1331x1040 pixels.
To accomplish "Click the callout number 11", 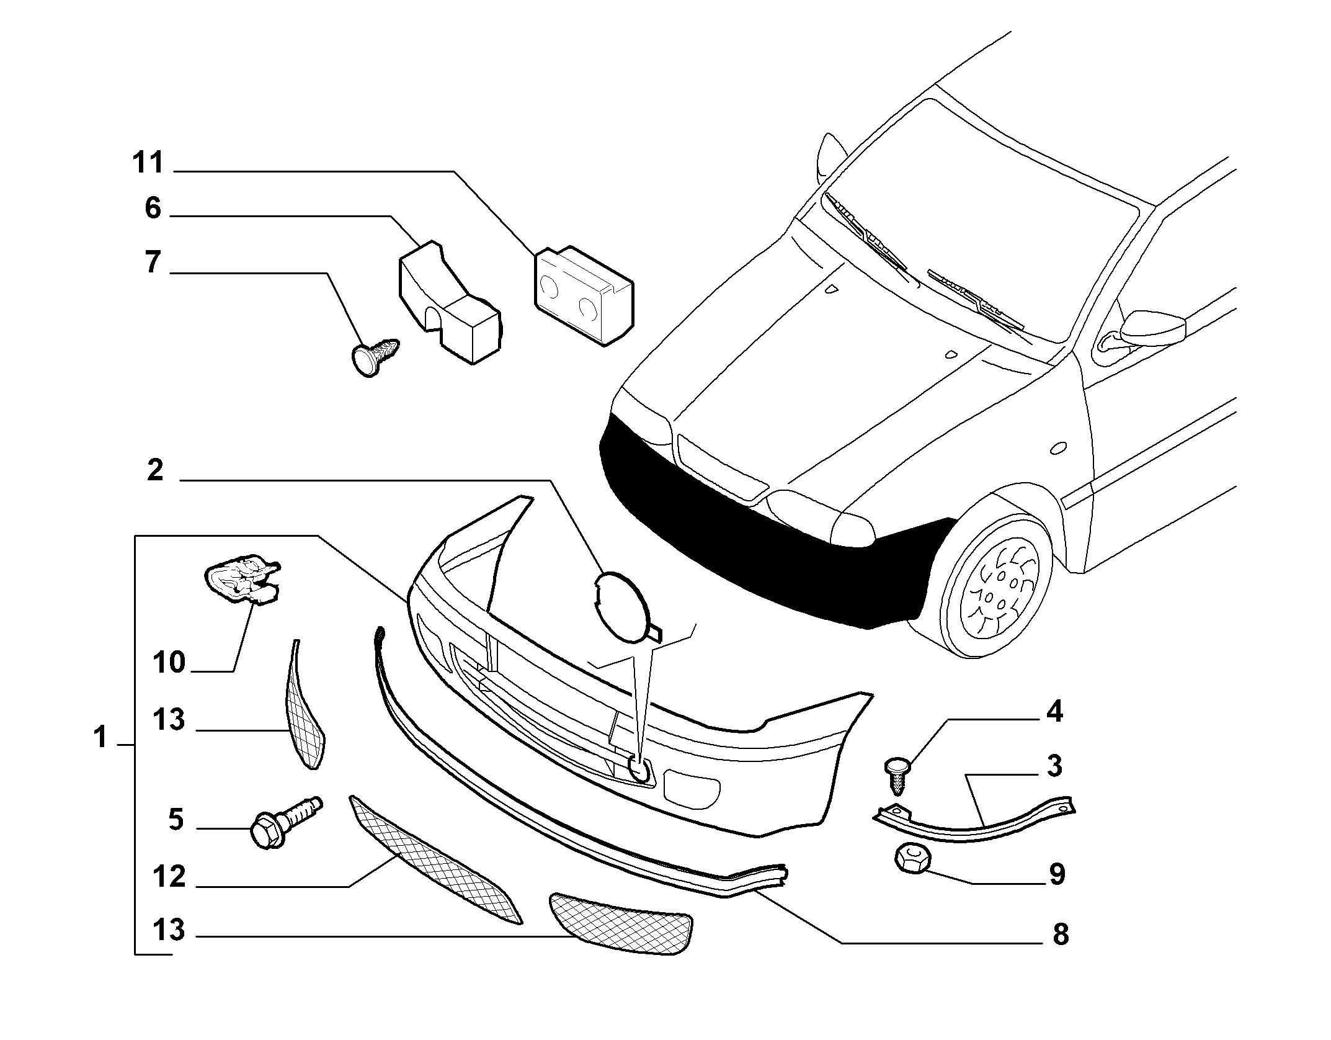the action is [148, 163].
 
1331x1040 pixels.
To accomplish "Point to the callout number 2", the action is [155, 470].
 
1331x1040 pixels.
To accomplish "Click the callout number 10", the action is [169, 662].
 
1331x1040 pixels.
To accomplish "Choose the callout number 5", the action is [176, 820].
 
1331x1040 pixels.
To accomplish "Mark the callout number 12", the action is [169, 876].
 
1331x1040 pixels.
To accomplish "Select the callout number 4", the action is [1054, 712].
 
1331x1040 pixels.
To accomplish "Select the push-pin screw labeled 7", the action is [375, 357].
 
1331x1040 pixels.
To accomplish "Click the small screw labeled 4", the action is [899, 775].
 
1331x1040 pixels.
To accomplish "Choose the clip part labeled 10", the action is [243, 579].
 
